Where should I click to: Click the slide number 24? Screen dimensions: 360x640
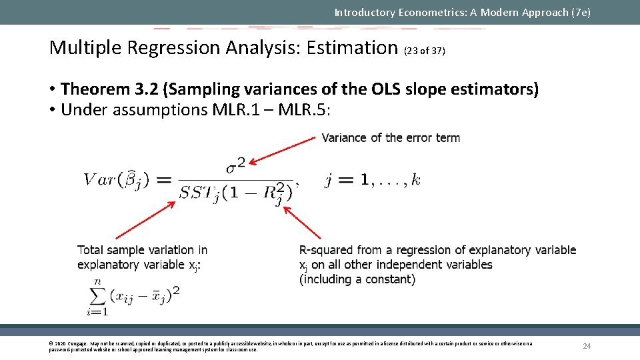587,346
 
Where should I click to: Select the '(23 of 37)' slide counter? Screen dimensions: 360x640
425,51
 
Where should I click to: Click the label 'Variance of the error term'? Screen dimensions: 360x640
391,138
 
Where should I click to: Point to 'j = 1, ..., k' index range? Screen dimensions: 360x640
372,180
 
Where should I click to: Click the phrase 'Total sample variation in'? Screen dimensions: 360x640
142,250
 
